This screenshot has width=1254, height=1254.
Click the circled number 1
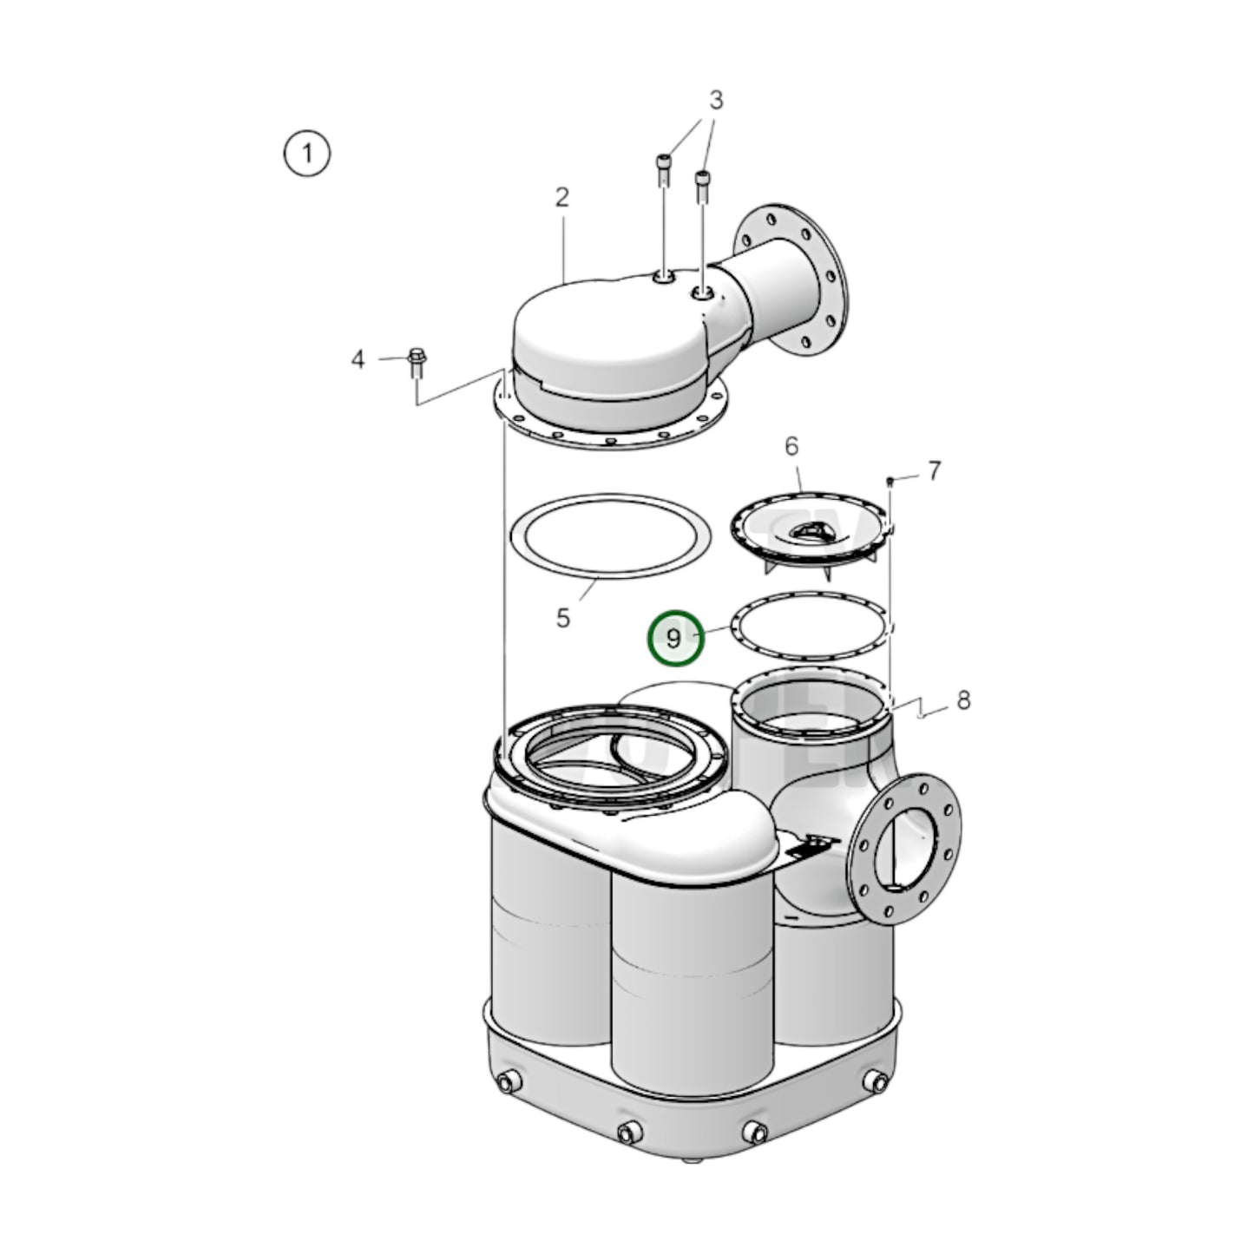click(x=306, y=154)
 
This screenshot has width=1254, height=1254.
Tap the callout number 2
click(x=562, y=198)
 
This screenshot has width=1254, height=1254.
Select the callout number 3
click(x=715, y=101)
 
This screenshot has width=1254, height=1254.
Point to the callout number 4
click(x=358, y=359)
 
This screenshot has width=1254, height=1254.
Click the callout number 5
click(x=563, y=619)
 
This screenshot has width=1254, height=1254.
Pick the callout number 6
click(x=791, y=447)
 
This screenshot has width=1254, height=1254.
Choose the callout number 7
click(x=934, y=471)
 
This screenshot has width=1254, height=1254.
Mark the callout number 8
click(x=963, y=700)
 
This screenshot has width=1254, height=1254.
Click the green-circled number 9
click(x=674, y=639)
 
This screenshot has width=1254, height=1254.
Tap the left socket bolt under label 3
click(x=663, y=169)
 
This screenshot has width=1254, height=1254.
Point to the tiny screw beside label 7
click(x=890, y=480)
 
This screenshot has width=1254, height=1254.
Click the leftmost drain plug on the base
click(x=506, y=1081)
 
